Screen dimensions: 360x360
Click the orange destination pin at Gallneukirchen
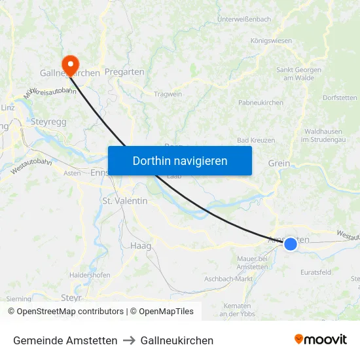[69, 63]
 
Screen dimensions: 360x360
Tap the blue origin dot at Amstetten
[290, 243]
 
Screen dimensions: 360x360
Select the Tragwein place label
[168, 94]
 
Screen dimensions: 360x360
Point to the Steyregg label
[49, 121]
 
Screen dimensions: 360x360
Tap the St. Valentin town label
[125, 201]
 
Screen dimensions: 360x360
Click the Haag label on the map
[141, 245]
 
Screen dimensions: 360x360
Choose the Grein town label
[279, 163]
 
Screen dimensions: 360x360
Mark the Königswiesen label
[271, 41]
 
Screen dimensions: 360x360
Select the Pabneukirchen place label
[261, 103]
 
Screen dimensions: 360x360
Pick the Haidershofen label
[90, 275]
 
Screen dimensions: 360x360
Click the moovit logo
[320, 339]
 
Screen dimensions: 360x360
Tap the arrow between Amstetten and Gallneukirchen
[129, 340]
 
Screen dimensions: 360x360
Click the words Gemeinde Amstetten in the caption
[65, 340]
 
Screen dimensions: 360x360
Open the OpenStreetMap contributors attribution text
[70, 312]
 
